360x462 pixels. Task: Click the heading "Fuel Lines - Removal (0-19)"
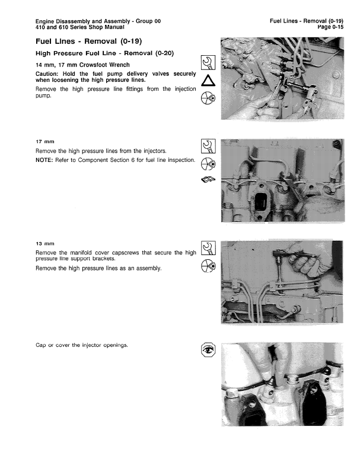tap(89, 42)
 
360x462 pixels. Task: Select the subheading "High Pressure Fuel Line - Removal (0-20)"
tap(104, 53)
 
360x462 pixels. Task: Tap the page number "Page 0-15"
tap(330, 27)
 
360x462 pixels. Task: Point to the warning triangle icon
tap(208, 81)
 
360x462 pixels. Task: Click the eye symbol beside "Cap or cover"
tap(208, 350)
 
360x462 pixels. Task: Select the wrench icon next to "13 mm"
tap(208, 248)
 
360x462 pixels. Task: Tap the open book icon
tap(208, 179)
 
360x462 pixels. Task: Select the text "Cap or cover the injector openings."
tap(82, 345)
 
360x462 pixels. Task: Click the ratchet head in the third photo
tap(277, 253)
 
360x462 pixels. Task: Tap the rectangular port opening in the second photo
tap(261, 202)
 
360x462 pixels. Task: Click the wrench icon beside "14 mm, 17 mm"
tap(208, 62)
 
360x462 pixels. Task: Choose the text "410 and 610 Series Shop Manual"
tap(80, 27)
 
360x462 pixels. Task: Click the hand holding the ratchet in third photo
tap(307, 260)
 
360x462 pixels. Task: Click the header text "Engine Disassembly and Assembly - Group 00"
tap(98, 21)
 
